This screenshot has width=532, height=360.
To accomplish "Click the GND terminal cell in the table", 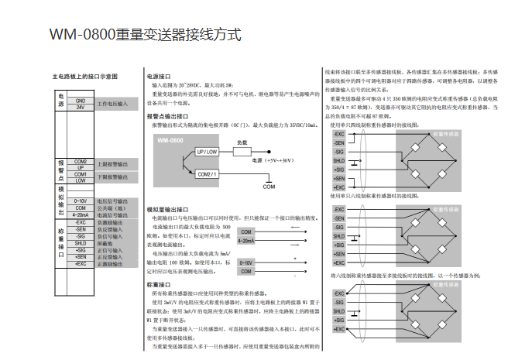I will pyautogui.click(x=81, y=101).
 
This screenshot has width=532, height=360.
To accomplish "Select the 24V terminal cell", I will pyautogui.click(x=81, y=107).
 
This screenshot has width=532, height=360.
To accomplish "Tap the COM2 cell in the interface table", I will pyautogui.click(x=81, y=160).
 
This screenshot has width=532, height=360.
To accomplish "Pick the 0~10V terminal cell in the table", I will pyautogui.click(x=81, y=201).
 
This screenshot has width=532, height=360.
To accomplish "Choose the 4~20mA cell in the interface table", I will pyautogui.click(x=81, y=213).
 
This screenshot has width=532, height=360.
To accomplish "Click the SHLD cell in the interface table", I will pyautogui.click(x=81, y=243).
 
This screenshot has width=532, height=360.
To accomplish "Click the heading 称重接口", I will pyautogui.click(x=158, y=285).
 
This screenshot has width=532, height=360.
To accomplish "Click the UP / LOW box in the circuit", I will pyautogui.click(x=208, y=152).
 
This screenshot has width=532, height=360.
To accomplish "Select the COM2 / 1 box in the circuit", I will pyautogui.click(x=208, y=174).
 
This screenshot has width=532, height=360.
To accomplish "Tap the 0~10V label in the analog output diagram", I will pyautogui.click(x=247, y=263).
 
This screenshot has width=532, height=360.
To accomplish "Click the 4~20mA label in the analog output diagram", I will pyautogui.click(x=247, y=241).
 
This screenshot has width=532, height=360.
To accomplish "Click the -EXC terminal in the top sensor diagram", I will pyautogui.click(x=339, y=135).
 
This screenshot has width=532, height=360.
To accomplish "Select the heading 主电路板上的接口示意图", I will pyautogui.click(x=85, y=77).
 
